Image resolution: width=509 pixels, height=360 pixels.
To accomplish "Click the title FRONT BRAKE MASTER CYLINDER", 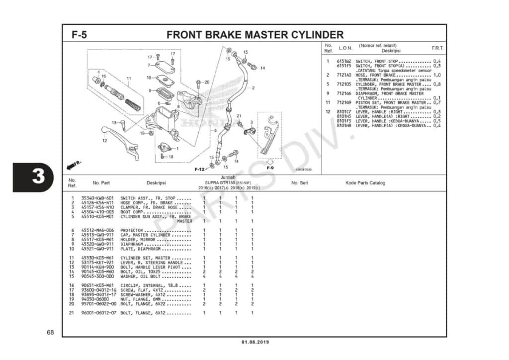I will [x=254, y=35].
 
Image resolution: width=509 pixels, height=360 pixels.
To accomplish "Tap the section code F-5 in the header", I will [x=80, y=35].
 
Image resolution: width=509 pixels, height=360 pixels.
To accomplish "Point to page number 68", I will [x=50, y=332].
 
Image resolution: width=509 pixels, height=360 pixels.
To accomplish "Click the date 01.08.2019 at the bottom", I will [x=254, y=342].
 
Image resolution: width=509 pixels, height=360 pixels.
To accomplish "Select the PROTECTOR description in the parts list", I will [x=132, y=230].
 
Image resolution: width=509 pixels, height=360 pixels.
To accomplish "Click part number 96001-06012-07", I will [x=98, y=313].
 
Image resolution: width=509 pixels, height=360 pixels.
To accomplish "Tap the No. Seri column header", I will [x=300, y=183].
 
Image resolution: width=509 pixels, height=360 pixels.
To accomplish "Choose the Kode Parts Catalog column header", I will [x=365, y=183].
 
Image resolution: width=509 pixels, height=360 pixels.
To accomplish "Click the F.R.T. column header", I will [x=437, y=48].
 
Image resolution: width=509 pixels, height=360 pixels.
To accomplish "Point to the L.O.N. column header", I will [x=345, y=48].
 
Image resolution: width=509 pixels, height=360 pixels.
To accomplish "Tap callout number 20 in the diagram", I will [x=207, y=82].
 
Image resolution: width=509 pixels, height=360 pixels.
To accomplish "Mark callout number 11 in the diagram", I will [x=128, y=79].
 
